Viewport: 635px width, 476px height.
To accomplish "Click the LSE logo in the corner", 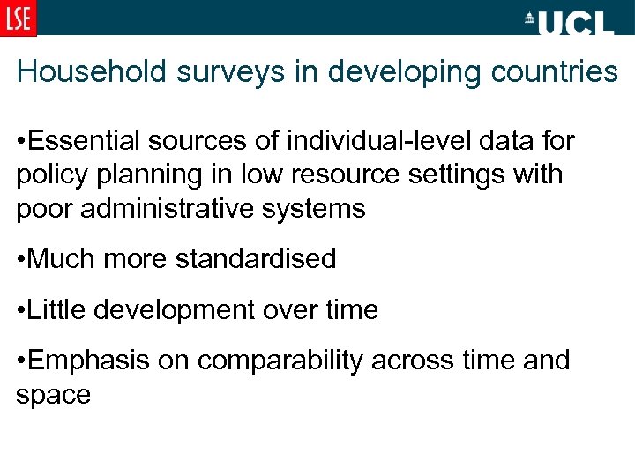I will (x=18, y=18).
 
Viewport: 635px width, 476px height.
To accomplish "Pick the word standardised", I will (x=256, y=259).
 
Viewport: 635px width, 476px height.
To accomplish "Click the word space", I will (x=53, y=396).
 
